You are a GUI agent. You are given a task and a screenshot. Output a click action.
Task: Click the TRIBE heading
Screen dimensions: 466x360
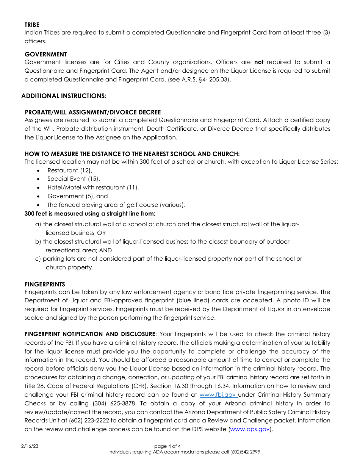(32, 25)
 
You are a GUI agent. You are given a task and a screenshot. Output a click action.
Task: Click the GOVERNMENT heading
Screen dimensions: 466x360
(45, 54)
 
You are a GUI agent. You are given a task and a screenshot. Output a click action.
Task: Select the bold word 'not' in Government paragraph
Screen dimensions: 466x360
(259, 62)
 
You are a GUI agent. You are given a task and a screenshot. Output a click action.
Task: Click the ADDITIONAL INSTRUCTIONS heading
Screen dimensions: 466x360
(64, 96)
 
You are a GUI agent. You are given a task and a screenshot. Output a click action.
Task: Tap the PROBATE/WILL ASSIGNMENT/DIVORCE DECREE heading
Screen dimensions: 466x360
(92, 113)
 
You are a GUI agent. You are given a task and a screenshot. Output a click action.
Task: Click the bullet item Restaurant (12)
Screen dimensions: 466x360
(70, 170)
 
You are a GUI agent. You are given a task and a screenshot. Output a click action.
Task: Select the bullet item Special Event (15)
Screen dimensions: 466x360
(74, 179)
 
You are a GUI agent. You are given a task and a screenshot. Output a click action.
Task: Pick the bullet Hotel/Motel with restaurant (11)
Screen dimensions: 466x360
(93, 188)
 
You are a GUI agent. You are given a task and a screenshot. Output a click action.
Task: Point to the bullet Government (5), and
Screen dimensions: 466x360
(78, 196)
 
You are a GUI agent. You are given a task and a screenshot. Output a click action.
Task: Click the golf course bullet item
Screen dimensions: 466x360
(116, 205)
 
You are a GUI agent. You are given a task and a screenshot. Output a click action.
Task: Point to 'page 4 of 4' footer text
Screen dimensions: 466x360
(167, 446)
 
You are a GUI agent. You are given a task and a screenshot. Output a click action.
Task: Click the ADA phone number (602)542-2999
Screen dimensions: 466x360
(245, 452)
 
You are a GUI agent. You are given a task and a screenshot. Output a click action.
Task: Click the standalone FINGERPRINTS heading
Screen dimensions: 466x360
(45, 284)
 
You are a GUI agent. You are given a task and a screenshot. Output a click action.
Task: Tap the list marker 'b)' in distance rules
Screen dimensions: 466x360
(38, 242)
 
